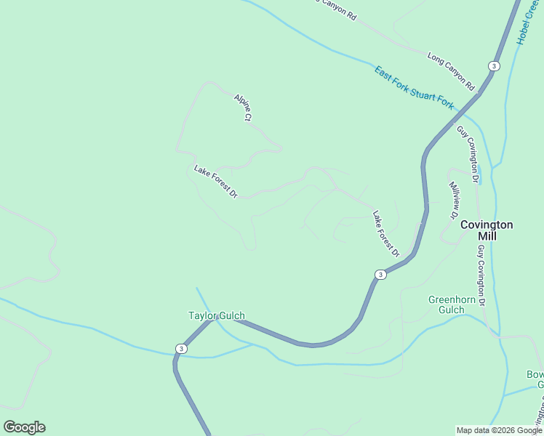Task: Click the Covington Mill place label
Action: [487, 230]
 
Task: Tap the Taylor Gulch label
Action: [217, 316]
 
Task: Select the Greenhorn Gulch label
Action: [452, 304]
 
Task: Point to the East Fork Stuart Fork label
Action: [414, 88]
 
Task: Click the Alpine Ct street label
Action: [243, 107]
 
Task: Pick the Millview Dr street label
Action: [453, 201]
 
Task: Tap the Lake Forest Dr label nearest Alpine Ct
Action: [216, 182]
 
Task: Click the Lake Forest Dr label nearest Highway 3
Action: [386, 234]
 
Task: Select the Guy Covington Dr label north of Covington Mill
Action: [469, 153]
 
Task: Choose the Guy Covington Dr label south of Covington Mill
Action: [481, 275]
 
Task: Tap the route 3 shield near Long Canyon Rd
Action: [495, 66]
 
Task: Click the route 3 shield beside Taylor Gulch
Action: [180, 349]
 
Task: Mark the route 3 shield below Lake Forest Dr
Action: [380, 275]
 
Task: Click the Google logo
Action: [24, 427]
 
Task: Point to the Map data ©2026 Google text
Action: [499, 430]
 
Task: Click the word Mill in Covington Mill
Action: [487, 237]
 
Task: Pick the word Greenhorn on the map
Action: [452, 299]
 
